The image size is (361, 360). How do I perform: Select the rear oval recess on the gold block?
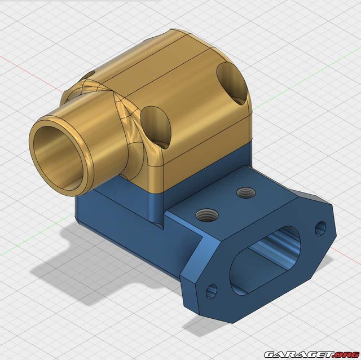(232, 84)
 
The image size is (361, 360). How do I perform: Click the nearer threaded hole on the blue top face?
(207, 215)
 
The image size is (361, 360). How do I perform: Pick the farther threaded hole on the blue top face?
(246, 192)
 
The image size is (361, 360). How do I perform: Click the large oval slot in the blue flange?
(265, 260)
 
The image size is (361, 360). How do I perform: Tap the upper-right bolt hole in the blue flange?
(320, 229)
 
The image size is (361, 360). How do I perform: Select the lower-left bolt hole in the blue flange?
(212, 291)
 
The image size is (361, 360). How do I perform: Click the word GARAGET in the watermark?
(298, 354)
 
